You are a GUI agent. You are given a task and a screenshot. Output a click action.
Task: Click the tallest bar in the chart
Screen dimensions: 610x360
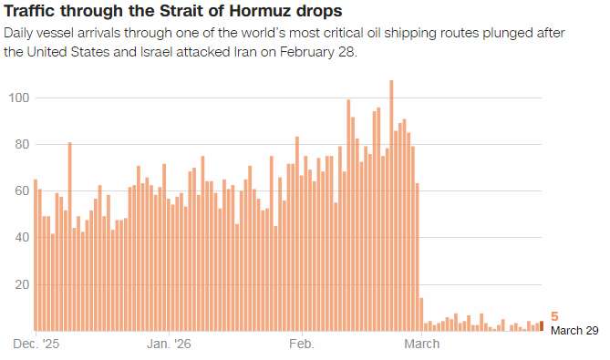[x=391, y=206]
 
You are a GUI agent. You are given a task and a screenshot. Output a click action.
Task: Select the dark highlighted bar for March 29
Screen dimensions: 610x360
[x=542, y=325]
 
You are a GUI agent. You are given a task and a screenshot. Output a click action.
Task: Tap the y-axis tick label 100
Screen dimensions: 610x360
[x=19, y=98]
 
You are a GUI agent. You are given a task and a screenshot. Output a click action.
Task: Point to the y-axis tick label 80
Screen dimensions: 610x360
[x=23, y=144]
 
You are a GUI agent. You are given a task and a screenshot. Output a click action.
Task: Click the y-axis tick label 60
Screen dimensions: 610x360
[x=23, y=190]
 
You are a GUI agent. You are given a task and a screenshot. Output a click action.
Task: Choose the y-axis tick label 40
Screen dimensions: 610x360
[x=23, y=237]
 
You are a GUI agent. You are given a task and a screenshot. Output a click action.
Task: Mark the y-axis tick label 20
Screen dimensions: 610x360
[x=23, y=284]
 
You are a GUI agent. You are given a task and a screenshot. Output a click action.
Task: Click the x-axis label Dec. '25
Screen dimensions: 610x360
[x=36, y=344]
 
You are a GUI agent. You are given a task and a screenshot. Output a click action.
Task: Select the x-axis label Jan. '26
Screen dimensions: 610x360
[x=169, y=344]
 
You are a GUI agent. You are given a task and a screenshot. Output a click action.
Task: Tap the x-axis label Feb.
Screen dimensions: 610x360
[x=302, y=344]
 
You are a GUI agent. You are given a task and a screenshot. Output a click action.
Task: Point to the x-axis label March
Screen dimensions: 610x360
[x=421, y=344]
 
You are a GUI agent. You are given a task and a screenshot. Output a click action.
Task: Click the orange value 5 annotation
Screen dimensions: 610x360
[x=554, y=316]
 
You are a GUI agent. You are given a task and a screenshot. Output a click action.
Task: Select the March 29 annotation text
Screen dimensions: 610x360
[x=574, y=331]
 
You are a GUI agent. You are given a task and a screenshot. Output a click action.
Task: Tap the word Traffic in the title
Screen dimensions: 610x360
[x=28, y=11]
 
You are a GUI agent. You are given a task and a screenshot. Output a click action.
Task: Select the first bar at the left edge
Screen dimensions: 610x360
[x=36, y=255]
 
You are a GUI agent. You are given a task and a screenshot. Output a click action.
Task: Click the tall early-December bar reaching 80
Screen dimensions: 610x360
[x=69, y=237]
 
